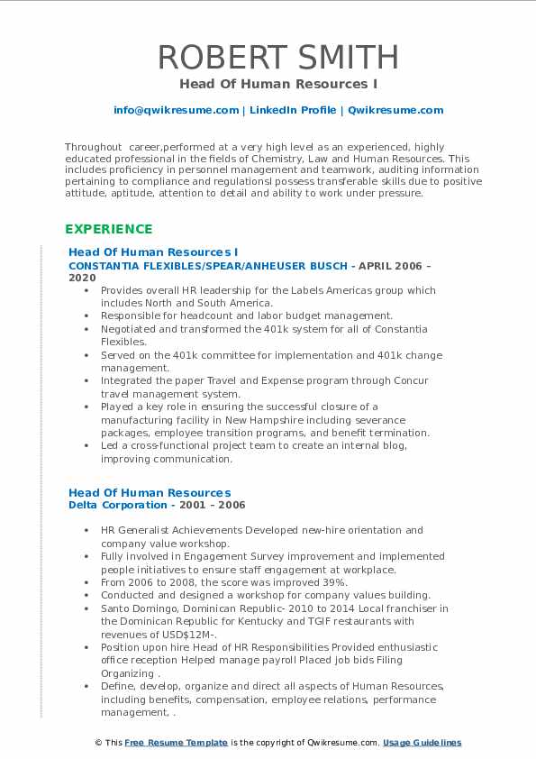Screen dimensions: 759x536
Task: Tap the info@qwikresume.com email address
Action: [x=176, y=110]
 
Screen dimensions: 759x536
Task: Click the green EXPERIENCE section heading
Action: [x=108, y=229]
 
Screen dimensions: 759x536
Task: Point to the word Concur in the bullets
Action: [x=411, y=380]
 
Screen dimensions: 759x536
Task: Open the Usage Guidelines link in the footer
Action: [x=422, y=743]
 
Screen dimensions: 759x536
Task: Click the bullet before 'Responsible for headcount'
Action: [x=86, y=315]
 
